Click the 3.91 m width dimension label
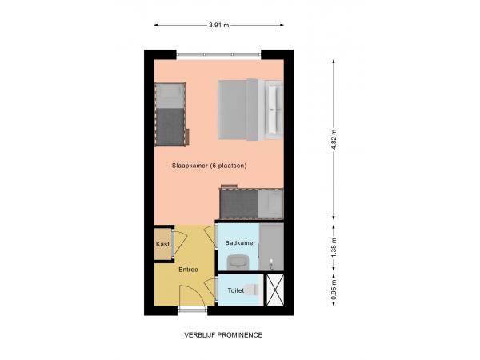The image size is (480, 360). click(x=219, y=25)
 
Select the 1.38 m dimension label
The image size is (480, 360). click(x=334, y=247)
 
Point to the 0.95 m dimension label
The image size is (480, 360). click(x=334, y=290)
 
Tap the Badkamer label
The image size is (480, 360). click(x=240, y=242)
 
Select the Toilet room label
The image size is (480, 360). click(x=235, y=290)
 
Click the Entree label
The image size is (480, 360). click(x=188, y=269)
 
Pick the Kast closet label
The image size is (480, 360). click(x=162, y=243)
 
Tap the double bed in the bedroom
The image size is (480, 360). click(x=250, y=109)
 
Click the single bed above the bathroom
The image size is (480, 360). click(x=251, y=203)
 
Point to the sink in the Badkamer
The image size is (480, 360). click(x=238, y=262)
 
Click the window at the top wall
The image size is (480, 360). click(x=218, y=54)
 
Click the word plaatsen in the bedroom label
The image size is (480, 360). click(x=231, y=166)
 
